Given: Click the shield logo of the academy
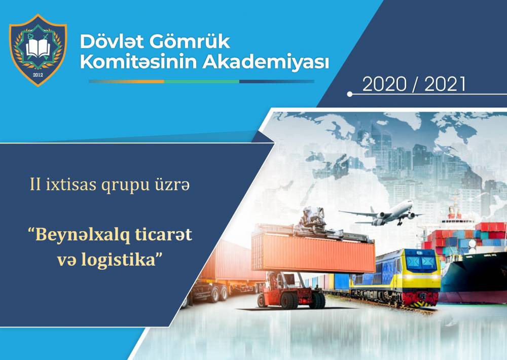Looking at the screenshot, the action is click(38, 50).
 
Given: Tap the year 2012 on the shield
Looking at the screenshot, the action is click(38, 75).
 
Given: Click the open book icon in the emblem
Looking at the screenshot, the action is click(38, 48).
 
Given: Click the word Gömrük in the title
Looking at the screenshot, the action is click(190, 42).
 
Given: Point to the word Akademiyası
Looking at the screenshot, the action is click(266, 62).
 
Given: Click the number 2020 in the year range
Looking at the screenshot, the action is click(384, 84).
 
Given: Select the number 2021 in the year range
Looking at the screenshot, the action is click(445, 84).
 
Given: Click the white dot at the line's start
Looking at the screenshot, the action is click(349, 94).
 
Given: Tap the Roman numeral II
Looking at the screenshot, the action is click(35, 185).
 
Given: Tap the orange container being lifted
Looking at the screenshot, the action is click(313, 253).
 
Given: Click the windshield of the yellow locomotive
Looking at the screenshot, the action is click(421, 262).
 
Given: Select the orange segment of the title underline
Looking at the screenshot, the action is click(127, 82).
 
